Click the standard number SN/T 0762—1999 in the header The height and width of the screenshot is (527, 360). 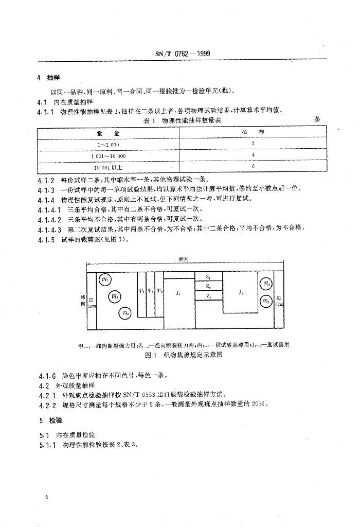183,54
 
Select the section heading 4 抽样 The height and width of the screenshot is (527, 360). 49,78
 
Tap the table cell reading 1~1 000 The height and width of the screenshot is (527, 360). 109,145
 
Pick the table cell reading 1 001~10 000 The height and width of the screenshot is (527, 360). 109,155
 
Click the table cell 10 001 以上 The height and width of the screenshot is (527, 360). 109,167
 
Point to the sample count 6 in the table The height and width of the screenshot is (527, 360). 253,167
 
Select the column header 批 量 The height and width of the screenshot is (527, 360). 109,133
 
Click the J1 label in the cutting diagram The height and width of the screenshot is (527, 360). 177,293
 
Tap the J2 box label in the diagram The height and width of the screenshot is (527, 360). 241,292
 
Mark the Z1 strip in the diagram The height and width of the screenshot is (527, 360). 208,277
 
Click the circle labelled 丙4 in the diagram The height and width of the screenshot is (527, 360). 265,284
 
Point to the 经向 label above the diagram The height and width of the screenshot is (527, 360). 183,259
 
